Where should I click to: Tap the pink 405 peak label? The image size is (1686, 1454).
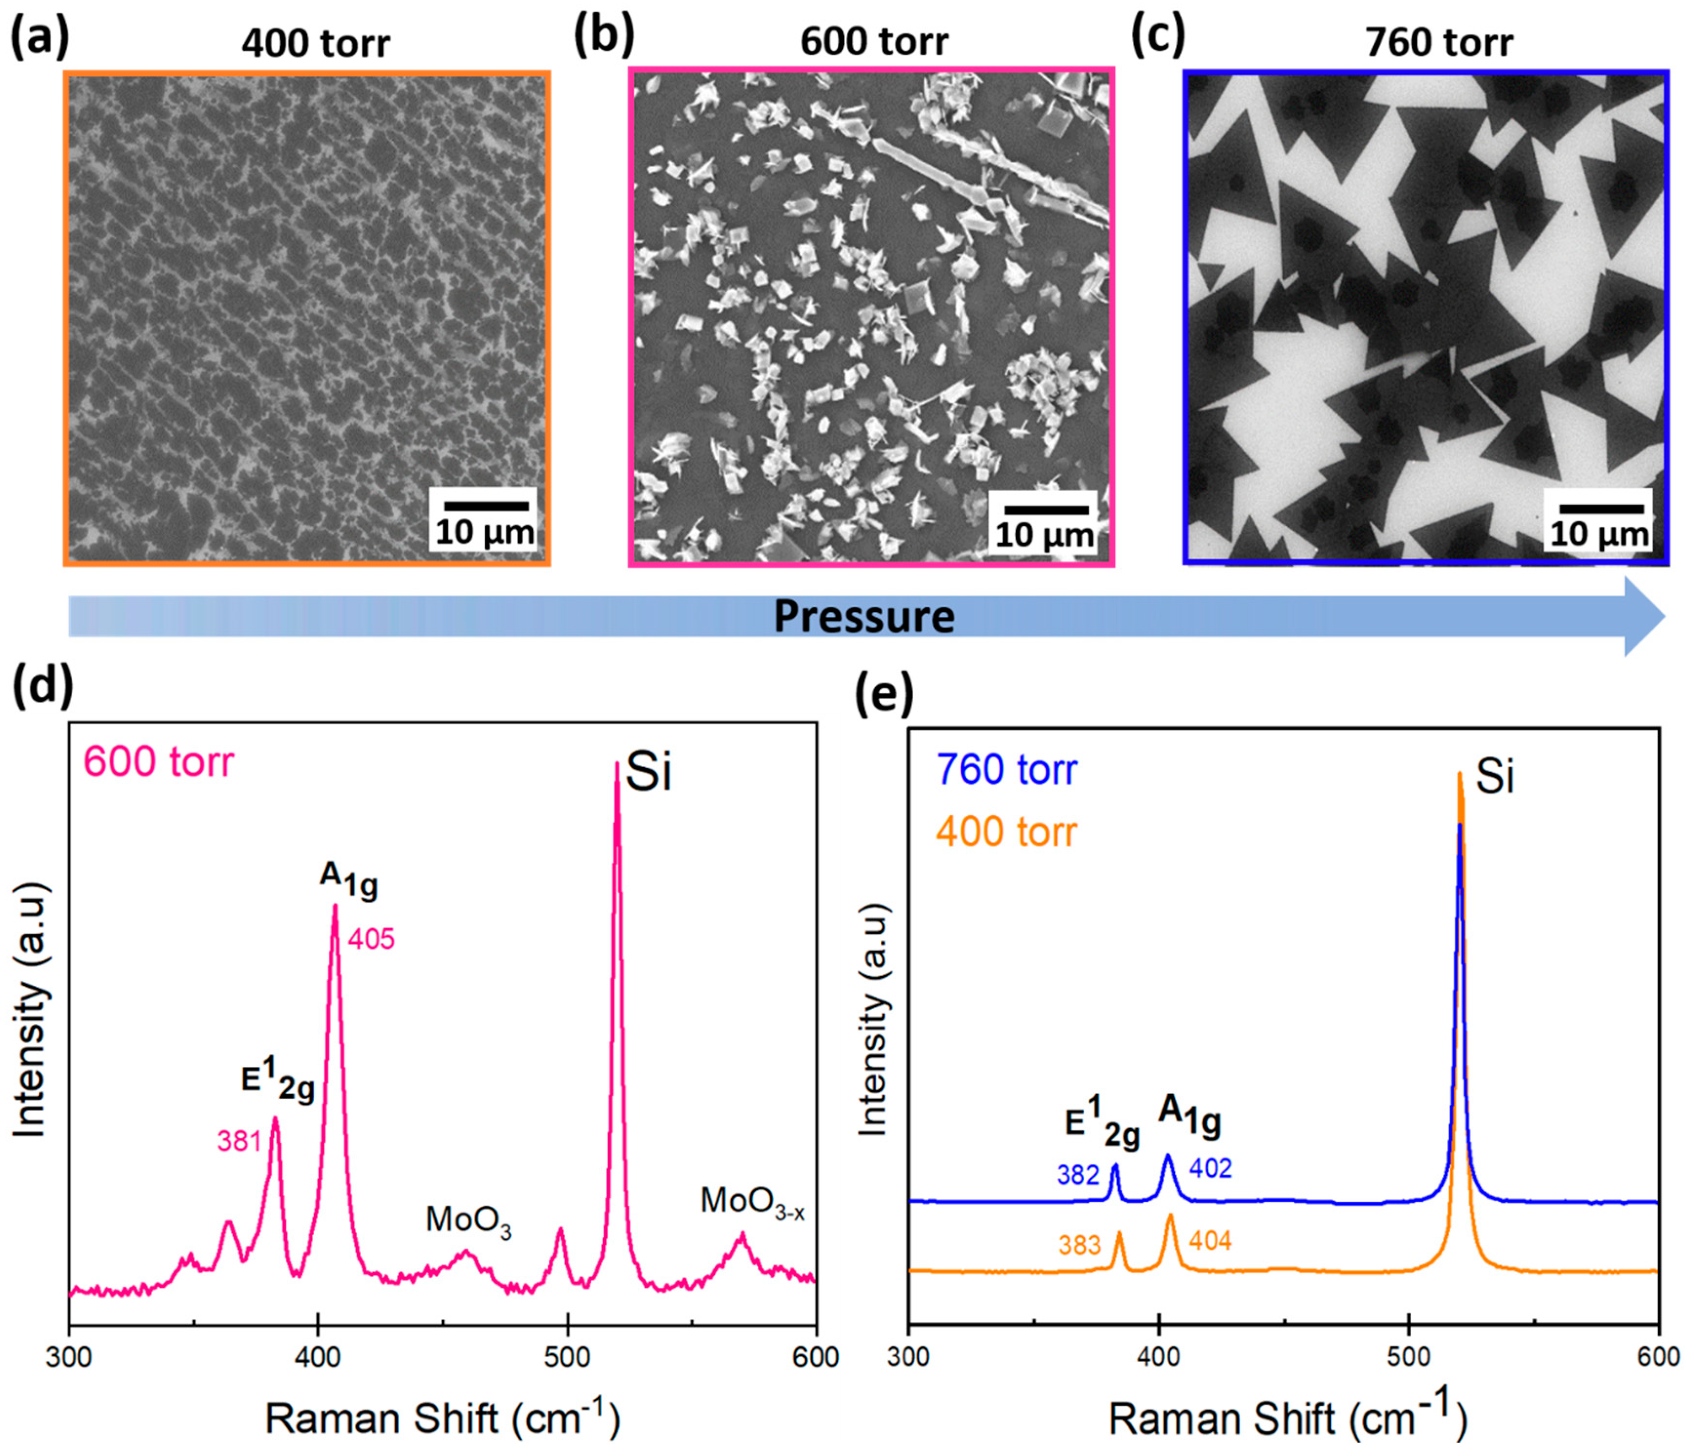click(x=371, y=940)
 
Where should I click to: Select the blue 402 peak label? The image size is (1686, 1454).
click(x=1211, y=1169)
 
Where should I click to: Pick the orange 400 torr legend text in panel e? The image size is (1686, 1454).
click(x=1006, y=833)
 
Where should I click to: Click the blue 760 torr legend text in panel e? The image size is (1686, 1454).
click(x=1006, y=770)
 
